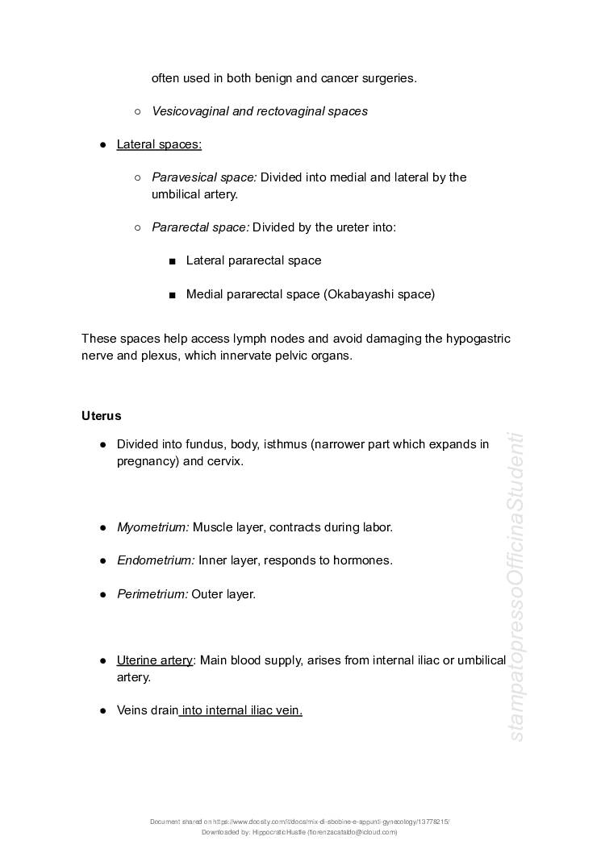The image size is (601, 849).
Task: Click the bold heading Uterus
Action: click(x=101, y=416)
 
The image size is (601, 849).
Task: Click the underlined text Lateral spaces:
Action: click(x=159, y=144)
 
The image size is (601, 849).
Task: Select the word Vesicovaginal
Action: click(x=190, y=111)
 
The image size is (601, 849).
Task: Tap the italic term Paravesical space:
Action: click(x=204, y=177)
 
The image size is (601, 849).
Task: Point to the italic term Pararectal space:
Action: click(x=200, y=227)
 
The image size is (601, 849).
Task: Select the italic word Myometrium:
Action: click(x=153, y=527)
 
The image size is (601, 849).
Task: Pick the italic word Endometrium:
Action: click(x=156, y=560)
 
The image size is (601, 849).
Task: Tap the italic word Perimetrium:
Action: click(x=152, y=594)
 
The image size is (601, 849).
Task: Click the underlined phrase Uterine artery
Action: click(x=155, y=660)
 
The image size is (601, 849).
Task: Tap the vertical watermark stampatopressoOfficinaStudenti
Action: click(x=516, y=587)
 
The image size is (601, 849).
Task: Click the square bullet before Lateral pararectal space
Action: click(x=173, y=261)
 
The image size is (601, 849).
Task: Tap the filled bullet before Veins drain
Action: click(x=103, y=711)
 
